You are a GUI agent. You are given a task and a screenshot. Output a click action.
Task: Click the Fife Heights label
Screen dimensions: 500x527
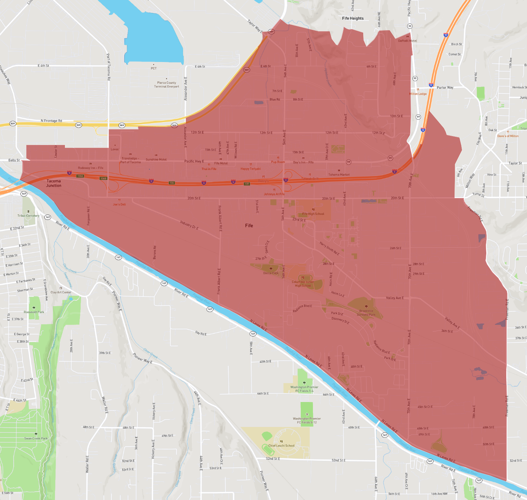pyautogui.click(x=353, y=19)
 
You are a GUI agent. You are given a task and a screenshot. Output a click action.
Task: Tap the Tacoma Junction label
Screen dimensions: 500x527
pyautogui.click(x=54, y=183)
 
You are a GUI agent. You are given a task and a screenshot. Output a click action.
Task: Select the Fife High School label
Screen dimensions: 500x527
pyautogui.click(x=313, y=214)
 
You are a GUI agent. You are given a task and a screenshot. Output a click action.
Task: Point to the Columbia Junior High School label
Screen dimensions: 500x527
pyautogui.click(x=303, y=284)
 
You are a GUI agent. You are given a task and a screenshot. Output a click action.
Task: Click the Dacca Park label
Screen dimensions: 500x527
pyautogui.click(x=270, y=273)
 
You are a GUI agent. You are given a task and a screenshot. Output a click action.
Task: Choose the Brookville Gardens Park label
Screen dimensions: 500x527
pyautogui.click(x=366, y=313)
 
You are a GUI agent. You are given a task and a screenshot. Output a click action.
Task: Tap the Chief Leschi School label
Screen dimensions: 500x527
pyautogui.click(x=282, y=445)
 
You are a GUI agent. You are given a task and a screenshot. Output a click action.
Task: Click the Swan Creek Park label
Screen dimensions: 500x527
pyautogui.click(x=36, y=438)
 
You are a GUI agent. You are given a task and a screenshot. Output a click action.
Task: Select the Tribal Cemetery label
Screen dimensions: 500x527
pyautogui.click(x=29, y=216)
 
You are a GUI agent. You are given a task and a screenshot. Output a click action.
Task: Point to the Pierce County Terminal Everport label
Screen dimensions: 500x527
pyautogui.click(x=166, y=84)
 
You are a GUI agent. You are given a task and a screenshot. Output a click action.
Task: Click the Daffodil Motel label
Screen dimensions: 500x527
pyautogui.click(x=407, y=41)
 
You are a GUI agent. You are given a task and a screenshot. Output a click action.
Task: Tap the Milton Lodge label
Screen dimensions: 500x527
pyautogui.click(x=418, y=94)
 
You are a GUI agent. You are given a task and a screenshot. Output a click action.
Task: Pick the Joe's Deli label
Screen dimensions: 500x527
pyautogui.click(x=119, y=204)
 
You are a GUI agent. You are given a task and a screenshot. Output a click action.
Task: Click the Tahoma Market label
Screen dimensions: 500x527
pyautogui.click(x=339, y=175)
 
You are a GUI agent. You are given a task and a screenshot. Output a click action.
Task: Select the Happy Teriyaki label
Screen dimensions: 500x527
pyautogui.click(x=250, y=169)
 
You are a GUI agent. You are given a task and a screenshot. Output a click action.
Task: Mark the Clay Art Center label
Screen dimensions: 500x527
pyautogui.click(x=61, y=292)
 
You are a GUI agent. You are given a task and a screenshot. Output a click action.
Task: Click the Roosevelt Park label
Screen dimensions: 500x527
pyautogui.click(x=34, y=312)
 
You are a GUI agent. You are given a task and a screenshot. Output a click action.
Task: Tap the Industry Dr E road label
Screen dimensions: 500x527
pyautogui.click(x=189, y=225)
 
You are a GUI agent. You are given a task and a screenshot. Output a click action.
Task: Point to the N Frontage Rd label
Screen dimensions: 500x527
pyautogui.click(x=51, y=121)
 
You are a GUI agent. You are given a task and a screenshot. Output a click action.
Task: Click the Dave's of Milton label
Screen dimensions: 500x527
pyautogui.click(x=508, y=136)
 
